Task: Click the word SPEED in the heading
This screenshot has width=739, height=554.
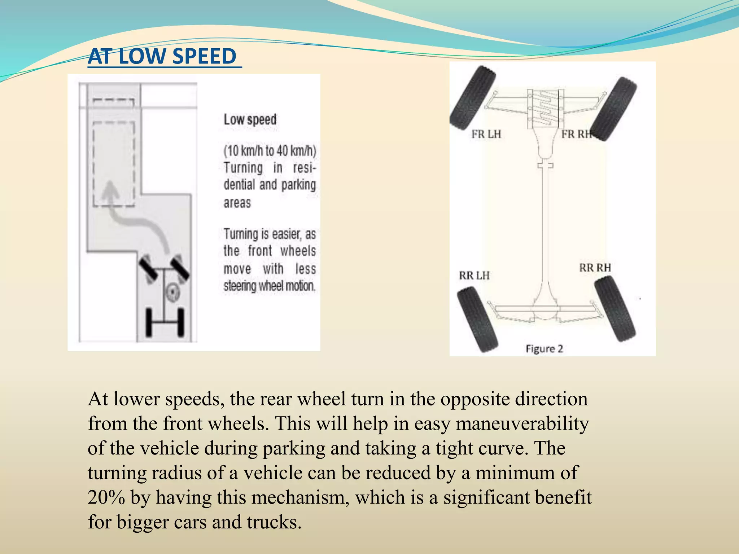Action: coord(204,57)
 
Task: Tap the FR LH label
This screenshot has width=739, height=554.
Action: coord(486,134)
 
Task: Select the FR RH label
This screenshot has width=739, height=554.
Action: coord(576,134)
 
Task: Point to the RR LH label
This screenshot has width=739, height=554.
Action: coord(474,276)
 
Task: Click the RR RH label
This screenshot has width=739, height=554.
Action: coord(595,268)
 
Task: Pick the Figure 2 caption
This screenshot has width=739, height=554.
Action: coord(544,349)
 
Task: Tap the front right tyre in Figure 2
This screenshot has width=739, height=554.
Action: coord(614,109)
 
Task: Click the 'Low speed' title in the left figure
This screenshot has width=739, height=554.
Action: coord(250,120)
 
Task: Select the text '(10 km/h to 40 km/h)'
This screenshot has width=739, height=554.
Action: coord(270,151)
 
